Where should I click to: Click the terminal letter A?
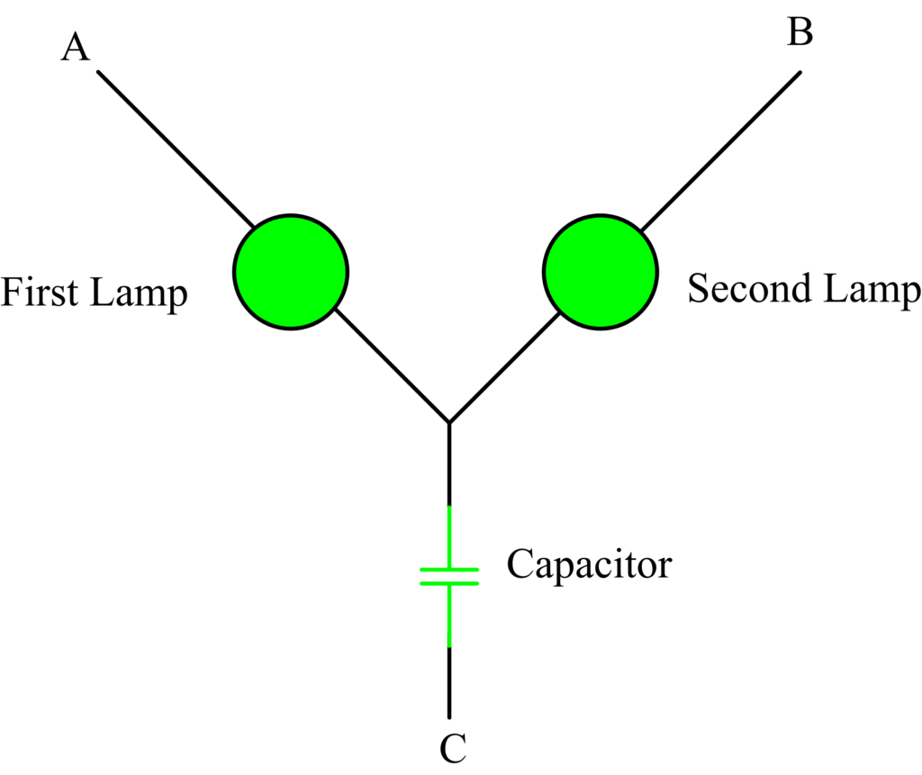click(76, 48)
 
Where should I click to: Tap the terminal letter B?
click(800, 32)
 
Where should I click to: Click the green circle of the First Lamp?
click(291, 271)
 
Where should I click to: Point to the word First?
click(38, 293)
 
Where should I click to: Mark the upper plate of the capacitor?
click(449, 570)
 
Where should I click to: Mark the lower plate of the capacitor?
click(449, 583)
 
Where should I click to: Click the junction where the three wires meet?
click(449, 421)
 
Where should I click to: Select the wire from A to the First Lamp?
click(176, 149)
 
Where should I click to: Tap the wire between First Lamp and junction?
click(392, 365)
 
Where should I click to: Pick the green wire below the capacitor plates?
click(449, 616)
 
